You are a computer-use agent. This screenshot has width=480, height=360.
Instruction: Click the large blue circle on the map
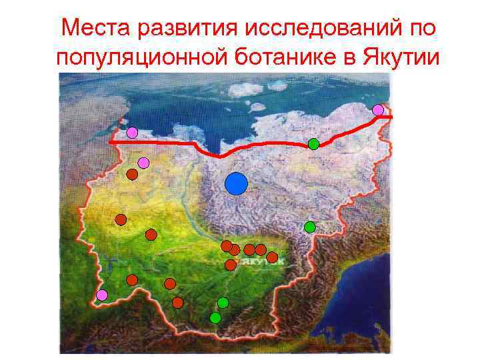[x=236, y=183]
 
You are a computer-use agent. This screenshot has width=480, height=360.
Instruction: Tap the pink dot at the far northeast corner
[x=378, y=109]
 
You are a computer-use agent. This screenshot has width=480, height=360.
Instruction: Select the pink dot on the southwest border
[x=101, y=295]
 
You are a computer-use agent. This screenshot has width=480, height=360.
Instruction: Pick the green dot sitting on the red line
[x=313, y=143]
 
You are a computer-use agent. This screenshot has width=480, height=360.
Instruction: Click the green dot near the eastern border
[x=309, y=227]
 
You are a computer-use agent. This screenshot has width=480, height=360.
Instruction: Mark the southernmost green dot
[x=215, y=317]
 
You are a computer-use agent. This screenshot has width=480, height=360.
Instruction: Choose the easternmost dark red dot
[x=272, y=257]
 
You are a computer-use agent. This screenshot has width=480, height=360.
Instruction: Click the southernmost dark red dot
[x=177, y=303]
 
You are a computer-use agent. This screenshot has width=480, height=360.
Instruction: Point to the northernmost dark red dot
[x=132, y=175]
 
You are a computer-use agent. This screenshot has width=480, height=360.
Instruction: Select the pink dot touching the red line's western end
[x=132, y=133]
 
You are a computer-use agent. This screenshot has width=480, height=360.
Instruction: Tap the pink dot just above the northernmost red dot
[x=143, y=163]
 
